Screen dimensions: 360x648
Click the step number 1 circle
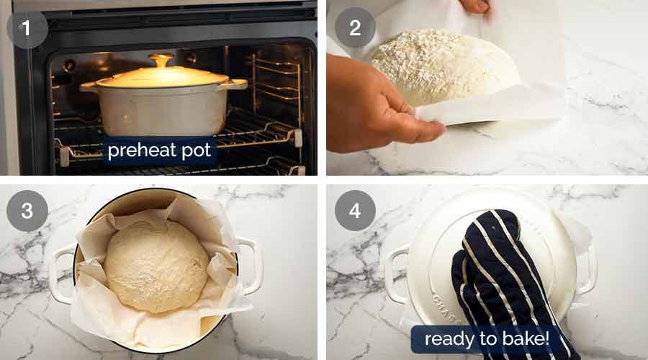27,28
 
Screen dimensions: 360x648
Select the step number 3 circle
27,210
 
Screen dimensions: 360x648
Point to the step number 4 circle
355,210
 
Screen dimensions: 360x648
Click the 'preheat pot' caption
159,152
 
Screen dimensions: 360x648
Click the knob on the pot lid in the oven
161,60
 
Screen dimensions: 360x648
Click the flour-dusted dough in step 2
443,65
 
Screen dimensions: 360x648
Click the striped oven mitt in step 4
504,281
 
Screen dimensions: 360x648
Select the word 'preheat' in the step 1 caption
138,152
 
